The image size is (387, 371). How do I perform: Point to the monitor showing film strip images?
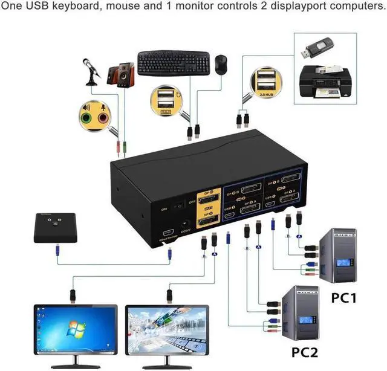tap(167, 329)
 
